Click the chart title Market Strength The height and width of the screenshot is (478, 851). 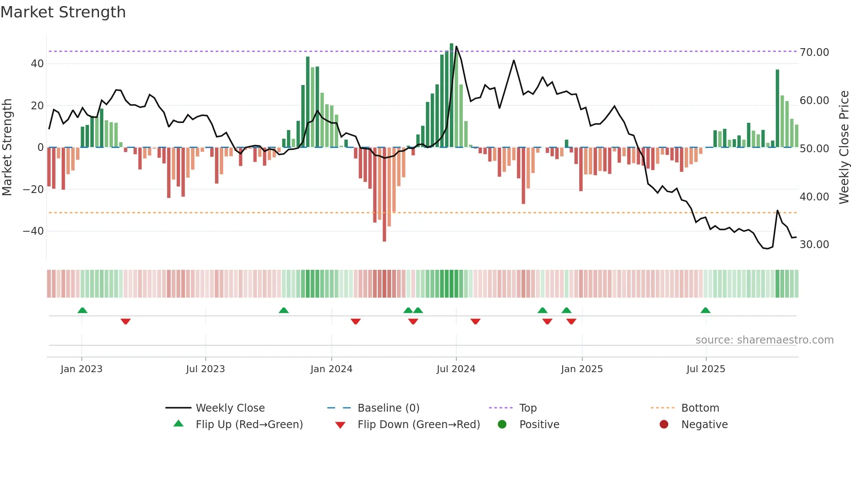point(63,12)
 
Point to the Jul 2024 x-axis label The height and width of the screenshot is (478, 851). point(456,369)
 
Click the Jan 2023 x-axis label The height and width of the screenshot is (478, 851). point(82,369)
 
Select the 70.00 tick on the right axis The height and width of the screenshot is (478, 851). point(814,52)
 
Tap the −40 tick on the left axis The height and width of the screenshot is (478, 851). point(33,231)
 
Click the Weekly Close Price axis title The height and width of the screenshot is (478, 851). point(844,147)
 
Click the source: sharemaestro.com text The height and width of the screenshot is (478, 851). point(764,340)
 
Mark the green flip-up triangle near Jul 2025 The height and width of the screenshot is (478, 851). point(705,310)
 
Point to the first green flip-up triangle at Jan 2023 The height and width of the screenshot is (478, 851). point(82,310)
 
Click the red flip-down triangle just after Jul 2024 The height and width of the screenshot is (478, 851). point(475,321)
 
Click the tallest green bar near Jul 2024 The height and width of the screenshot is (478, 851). point(452,95)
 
